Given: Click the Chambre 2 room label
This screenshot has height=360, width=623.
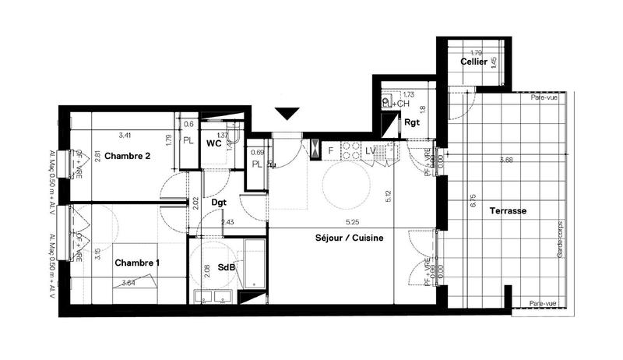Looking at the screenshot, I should [x=127, y=155].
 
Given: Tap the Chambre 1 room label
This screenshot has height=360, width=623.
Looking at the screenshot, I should [x=137, y=263].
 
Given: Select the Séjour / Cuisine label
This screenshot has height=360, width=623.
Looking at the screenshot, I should [x=350, y=238].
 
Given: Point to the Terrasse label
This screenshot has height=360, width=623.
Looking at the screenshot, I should [x=508, y=211].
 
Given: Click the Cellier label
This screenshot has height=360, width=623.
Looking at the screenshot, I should [x=473, y=62].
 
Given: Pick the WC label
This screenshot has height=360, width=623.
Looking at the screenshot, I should [x=214, y=143].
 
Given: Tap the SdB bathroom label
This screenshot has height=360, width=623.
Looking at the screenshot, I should [x=227, y=268].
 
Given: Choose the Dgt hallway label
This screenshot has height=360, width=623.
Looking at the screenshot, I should [x=220, y=203].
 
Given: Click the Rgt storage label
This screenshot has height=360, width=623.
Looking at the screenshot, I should [x=412, y=122].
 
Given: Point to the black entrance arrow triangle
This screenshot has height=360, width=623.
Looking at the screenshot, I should [x=287, y=113].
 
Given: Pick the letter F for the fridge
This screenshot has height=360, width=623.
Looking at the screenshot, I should [x=330, y=150].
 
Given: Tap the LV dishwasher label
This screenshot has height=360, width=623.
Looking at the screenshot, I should [x=370, y=150].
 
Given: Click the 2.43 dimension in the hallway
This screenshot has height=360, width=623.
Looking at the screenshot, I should [x=227, y=223].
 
